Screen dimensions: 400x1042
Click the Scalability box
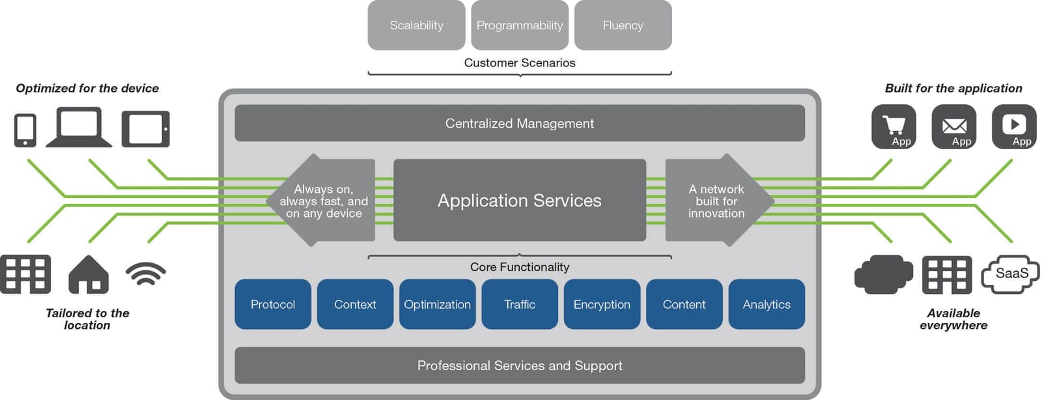click(x=416, y=25)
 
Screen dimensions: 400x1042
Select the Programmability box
click(x=520, y=25)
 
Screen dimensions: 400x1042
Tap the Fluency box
click(x=623, y=25)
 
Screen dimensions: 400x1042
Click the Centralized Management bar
click(x=520, y=123)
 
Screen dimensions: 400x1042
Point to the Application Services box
click(x=520, y=200)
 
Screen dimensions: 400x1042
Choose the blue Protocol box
click(x=272, y=304)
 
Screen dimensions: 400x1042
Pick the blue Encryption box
click(x=602, y=304)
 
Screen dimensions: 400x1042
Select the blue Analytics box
click(x=767, y=304)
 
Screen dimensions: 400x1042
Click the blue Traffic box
click(x=520, y=304)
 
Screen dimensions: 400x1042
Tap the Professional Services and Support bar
click(x=520, y=365)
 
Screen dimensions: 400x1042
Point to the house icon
click(x=89, y=274)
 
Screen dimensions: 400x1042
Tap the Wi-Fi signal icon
click(x=145, y=274)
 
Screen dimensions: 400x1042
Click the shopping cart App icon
click(x=894, y=127)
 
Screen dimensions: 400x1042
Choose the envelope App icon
click(x=954, y=127)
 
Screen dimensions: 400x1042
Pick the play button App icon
click(x=1014, y=127)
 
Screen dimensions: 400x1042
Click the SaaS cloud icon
click(x=1010, y=274)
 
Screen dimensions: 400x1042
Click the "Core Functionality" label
click(x=520, y=267)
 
